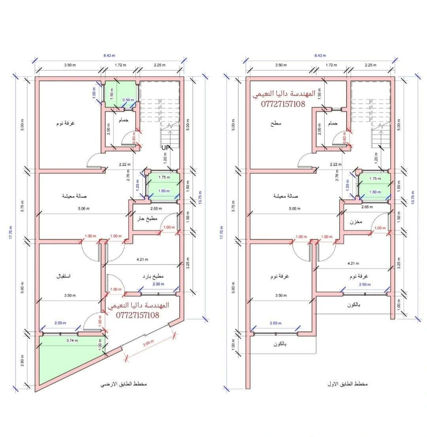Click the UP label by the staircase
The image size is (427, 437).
(x=166, y=147)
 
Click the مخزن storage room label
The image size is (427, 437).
(x=356, y=222)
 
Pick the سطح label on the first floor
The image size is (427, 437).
(x=276, y=123)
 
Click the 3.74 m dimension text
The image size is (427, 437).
(x=72, y=340)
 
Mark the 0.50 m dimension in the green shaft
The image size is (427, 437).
(x=128, y=100)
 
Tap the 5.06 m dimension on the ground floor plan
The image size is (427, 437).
(x=84, y=208)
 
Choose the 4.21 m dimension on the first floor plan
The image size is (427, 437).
(x=353, y=263)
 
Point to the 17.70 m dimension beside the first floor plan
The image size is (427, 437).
(x=221, y=232)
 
